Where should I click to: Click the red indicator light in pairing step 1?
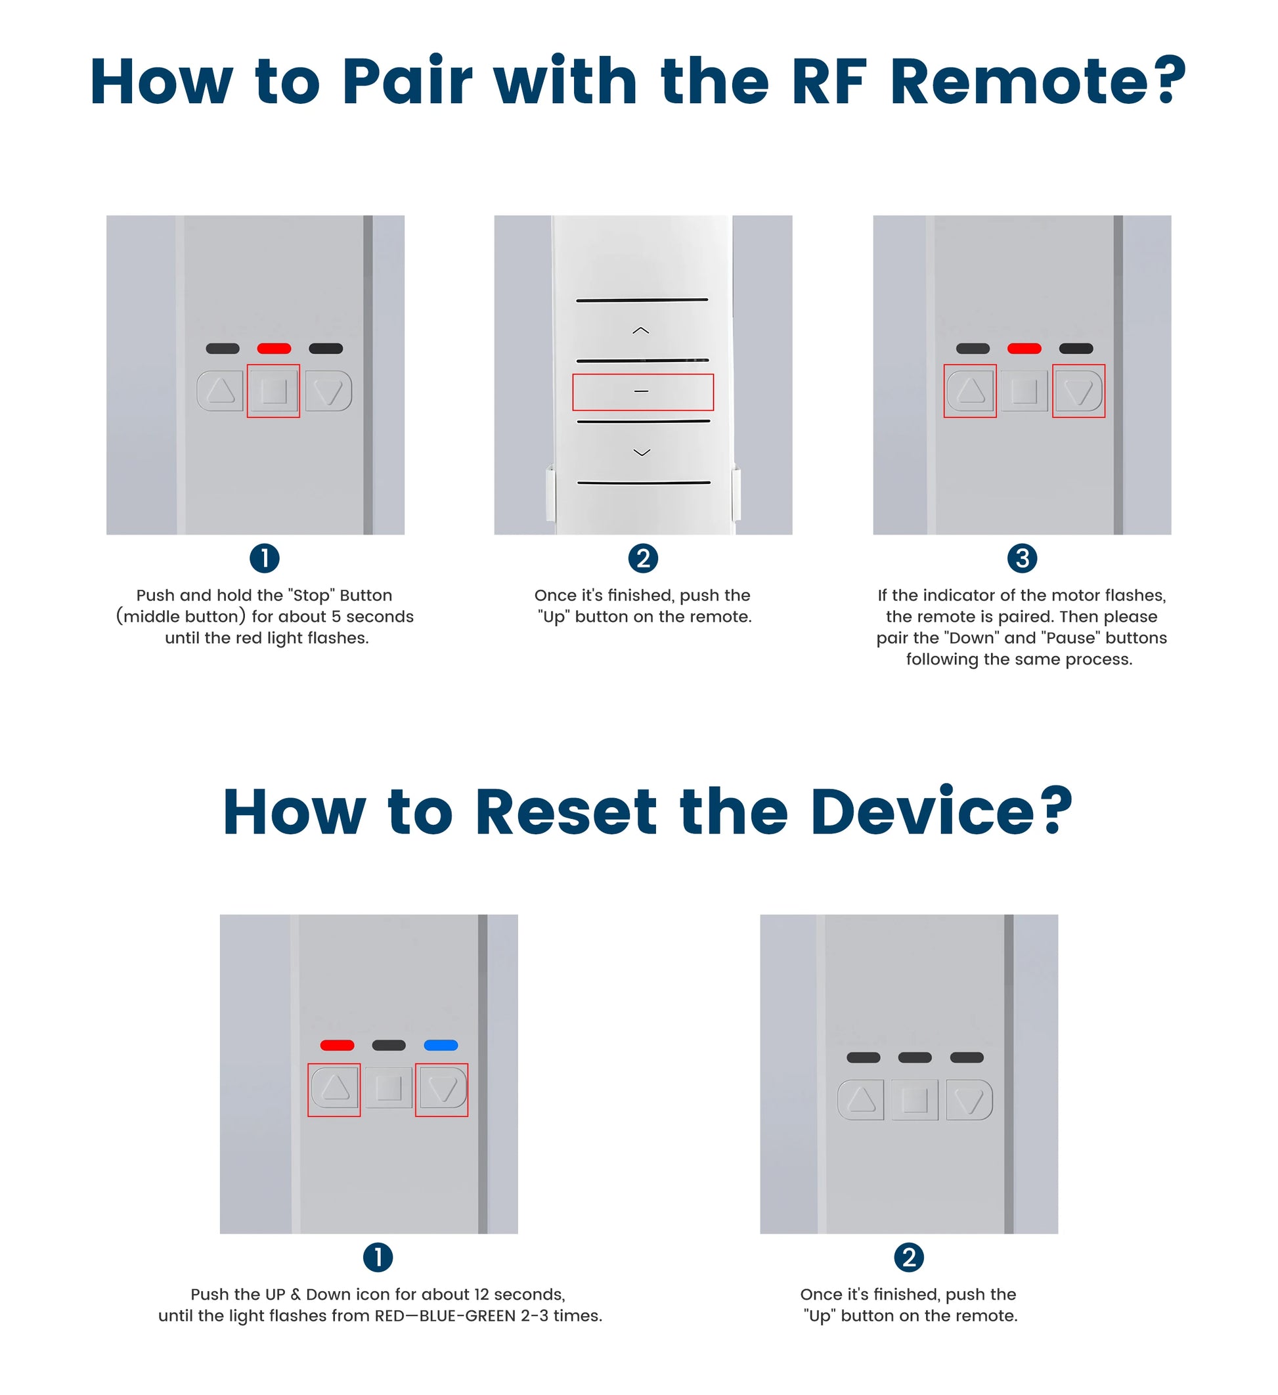point(274,349)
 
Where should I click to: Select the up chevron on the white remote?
point(641,331)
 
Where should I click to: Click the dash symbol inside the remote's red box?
point(642,391)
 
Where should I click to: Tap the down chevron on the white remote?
point(642,453)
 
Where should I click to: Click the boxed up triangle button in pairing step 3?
point(970,391)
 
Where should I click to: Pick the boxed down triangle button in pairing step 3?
point(1078,391)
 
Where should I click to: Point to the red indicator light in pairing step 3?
point(1024,349)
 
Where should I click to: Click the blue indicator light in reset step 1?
point(441,1045)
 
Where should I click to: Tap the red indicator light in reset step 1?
point(337,1045)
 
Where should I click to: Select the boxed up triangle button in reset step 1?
point(334,1089)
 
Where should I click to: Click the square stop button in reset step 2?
point(915,1099)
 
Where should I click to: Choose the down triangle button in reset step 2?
point(969,1099)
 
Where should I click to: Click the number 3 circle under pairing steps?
point(1022,558)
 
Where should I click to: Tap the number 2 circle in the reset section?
point(908,1257)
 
